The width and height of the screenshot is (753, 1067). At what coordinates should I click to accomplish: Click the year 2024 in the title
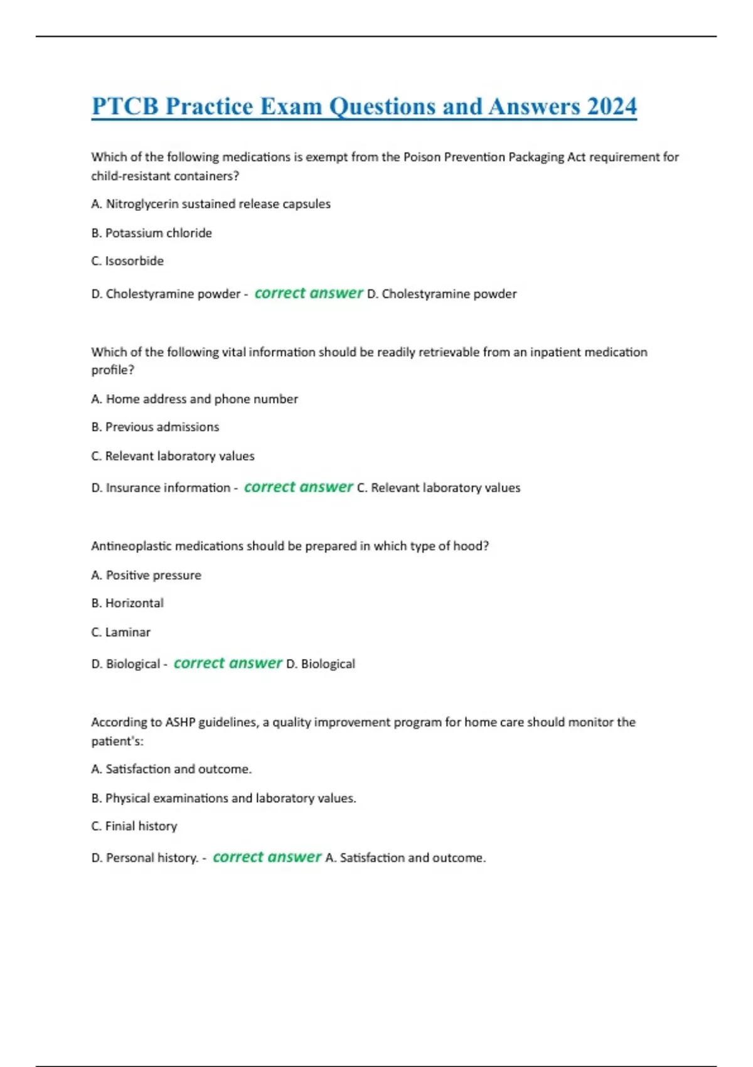pos(612,106)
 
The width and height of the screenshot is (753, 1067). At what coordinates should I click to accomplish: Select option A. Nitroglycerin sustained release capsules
pos(211,204)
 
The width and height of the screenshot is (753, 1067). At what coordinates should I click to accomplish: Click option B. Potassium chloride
pos(152,233)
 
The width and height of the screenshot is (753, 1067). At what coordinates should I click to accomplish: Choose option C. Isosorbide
pos(127,261)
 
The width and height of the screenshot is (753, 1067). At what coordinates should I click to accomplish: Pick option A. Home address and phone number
pos(195,399)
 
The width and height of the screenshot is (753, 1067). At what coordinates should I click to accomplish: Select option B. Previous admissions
pos(155,427)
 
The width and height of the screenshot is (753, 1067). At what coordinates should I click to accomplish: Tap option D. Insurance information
pos(161,488)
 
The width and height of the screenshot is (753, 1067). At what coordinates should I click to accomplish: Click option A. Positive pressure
pos(146,576)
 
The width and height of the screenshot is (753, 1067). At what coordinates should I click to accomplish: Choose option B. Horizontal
pos(127,603)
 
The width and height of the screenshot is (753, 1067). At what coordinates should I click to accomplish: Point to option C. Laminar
pos(121,632)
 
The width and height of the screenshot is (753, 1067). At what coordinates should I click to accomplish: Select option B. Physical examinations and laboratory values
pos(223,798)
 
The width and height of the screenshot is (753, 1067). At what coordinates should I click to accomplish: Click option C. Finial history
pos(134,827)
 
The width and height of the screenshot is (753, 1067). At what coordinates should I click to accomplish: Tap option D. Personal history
pos(145,858)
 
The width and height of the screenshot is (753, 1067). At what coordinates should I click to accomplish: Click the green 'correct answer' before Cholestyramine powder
pos(308,293)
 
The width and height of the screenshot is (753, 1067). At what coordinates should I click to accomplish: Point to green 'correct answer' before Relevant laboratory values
pos(298,487)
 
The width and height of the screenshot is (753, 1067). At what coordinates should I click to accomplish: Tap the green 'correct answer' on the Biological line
pos(228,663)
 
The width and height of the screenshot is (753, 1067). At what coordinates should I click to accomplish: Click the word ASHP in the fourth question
pos(180,722)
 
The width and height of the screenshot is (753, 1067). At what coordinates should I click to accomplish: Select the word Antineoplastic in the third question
pos(131,546)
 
